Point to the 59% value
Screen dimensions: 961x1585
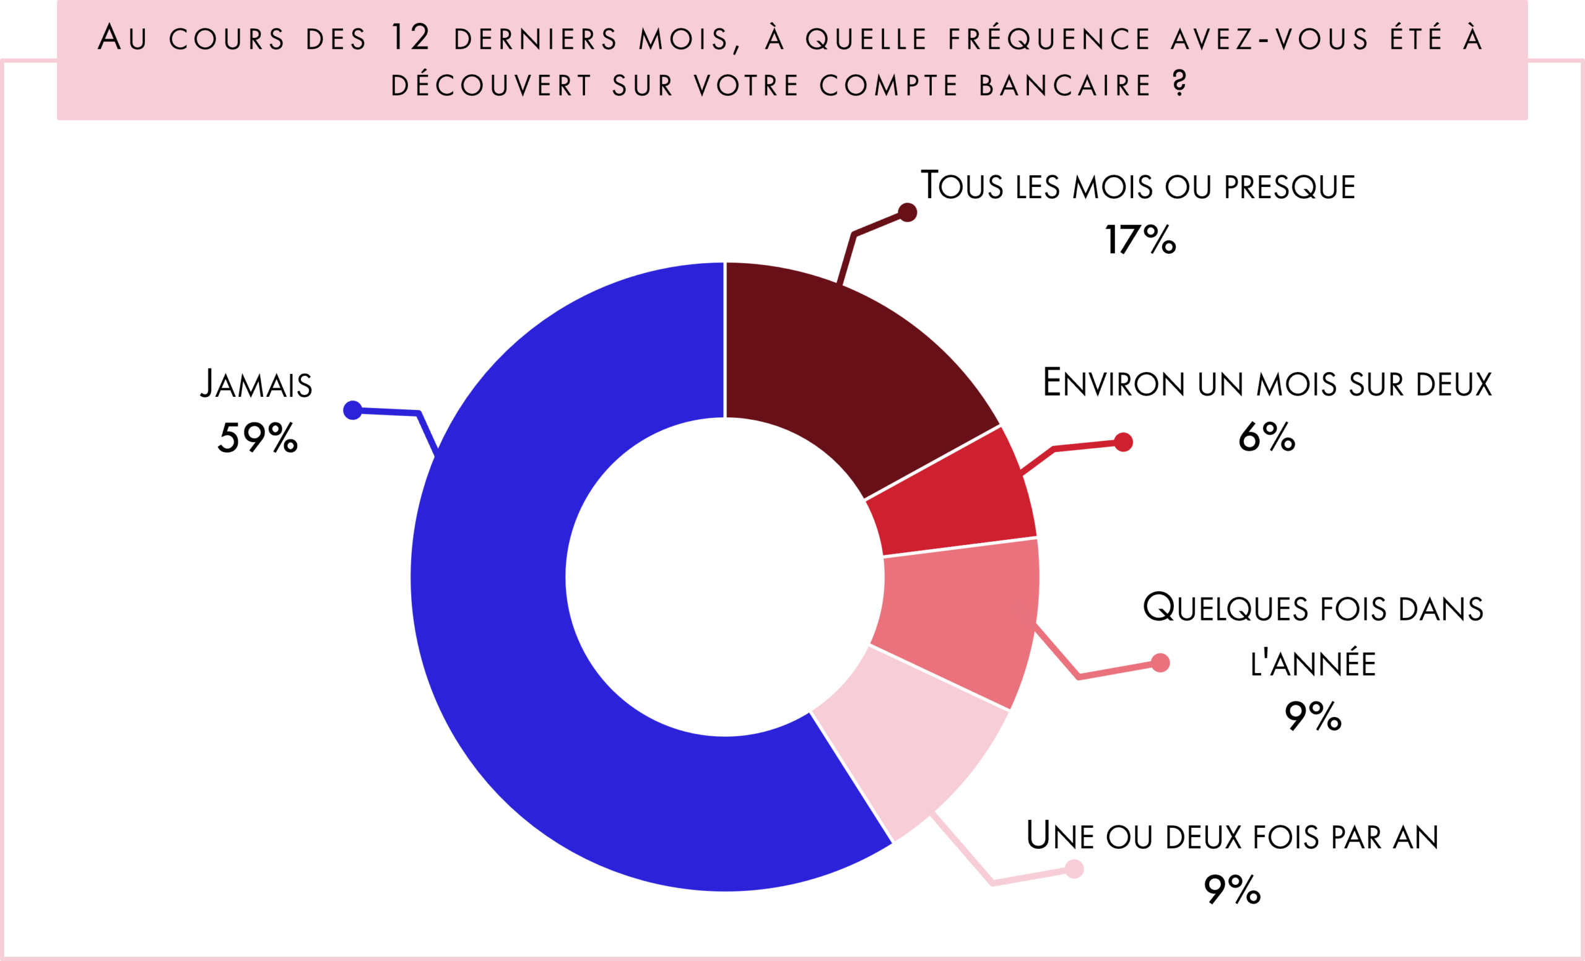coord(258,438)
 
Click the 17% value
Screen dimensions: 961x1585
coord(1140,241)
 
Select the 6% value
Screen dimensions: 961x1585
coord(1266,437)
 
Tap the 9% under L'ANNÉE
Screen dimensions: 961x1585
coord(1312,716)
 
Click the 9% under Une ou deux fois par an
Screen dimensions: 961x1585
coord(1232,890)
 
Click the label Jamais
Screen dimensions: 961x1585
coord(256,384)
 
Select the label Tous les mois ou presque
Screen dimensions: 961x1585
coord(1137,186)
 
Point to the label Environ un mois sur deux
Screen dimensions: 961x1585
coord(1267,383)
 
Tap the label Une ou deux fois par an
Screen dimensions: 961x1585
coord(1232,836)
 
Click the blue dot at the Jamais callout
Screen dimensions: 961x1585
coord(352,410)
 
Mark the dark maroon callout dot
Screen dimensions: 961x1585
coord(907,212)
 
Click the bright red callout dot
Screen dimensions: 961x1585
coord(1123,442)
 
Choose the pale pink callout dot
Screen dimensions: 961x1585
coord(1074,869)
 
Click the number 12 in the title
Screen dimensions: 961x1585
coord(410,37)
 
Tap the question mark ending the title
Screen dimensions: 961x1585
coord(1179,84)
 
